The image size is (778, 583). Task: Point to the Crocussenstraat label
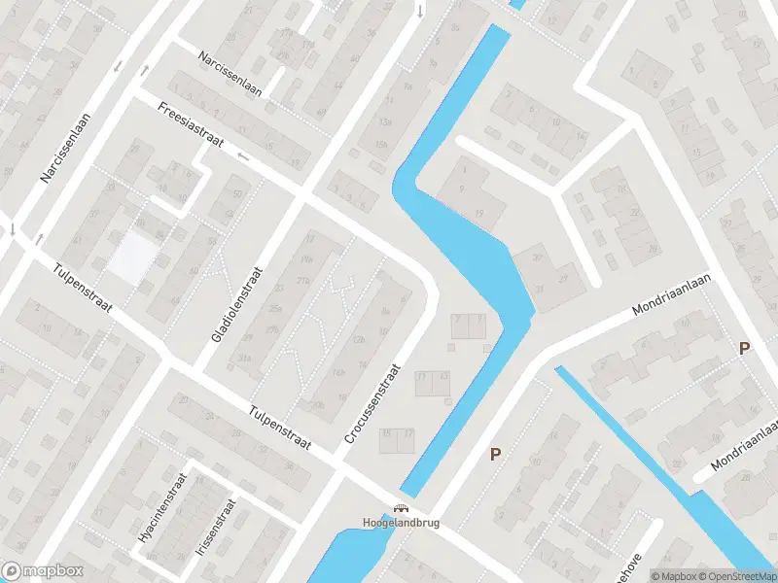[x=372, y=404]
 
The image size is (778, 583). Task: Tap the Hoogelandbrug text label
[x=401, y=523]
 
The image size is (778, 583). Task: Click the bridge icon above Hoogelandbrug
[x=400, y=507]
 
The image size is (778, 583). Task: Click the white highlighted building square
[x=133, y=257]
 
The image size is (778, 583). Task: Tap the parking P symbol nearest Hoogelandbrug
[x=495, y=454]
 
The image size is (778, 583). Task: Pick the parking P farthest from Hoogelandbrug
[x=745, y=348]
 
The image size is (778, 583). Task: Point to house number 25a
[x=276, y=308]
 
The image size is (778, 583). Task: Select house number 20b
[x=319, y=405]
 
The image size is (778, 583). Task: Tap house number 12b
[x=359, y=339]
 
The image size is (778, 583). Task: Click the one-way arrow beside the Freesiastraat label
[x=242, y=154]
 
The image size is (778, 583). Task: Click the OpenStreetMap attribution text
[x=738, y=576]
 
